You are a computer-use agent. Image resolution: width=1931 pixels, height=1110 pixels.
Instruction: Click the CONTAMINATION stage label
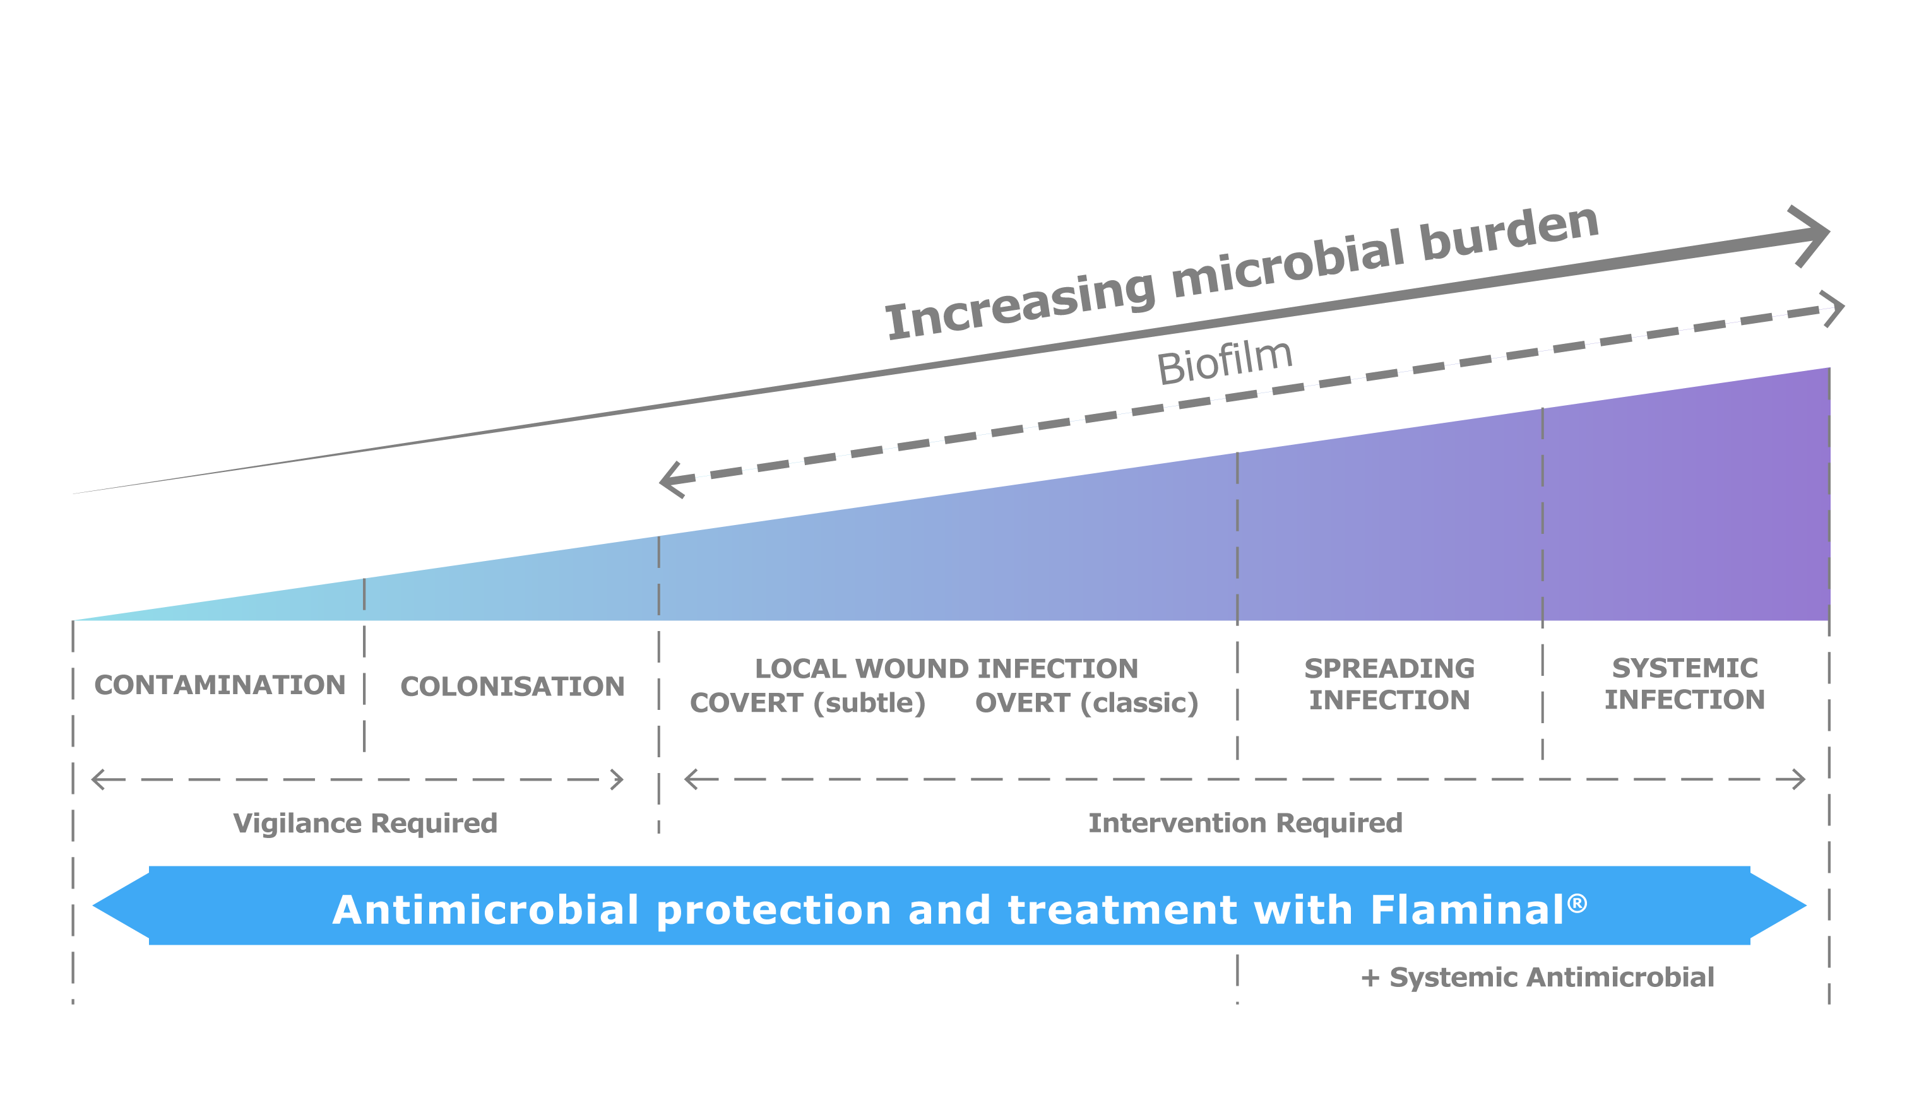(x=220, y=685)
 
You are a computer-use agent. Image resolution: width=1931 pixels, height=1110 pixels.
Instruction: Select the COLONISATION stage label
(x=512, y=686)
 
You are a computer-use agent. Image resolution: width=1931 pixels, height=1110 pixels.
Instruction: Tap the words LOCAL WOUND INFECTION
(x=946, y=669)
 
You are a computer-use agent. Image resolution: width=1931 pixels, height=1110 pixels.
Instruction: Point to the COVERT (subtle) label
(x=807, y=703)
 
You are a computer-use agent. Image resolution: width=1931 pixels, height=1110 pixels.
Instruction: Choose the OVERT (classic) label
(x=1086, y=703)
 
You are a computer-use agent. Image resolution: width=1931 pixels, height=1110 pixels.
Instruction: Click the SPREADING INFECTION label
(x=1389, y=684)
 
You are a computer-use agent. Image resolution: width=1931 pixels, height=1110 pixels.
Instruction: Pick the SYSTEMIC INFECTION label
(x=1684, y=684)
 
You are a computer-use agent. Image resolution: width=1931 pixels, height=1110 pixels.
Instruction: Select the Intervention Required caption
(x=1245, y=824)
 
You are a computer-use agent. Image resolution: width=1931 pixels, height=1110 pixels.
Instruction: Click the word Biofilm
(x=1224, y=362)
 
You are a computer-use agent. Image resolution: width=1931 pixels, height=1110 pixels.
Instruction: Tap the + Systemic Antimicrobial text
(x=1538, y=977)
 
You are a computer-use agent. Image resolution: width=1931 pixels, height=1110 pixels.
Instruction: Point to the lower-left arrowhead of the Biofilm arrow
(x=671, y=480)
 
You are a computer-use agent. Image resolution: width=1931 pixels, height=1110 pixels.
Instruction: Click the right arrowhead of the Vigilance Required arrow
(x=618, y=780)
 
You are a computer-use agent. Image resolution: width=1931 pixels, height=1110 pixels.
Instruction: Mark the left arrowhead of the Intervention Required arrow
(x=690, y=779)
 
